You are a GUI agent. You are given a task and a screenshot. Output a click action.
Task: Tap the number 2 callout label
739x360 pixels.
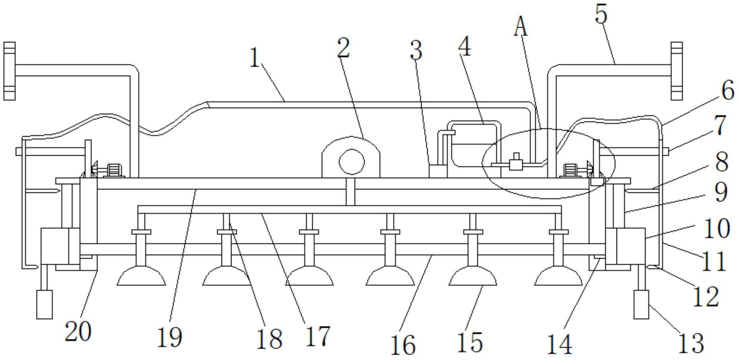344,48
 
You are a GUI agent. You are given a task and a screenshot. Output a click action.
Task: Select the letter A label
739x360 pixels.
521,27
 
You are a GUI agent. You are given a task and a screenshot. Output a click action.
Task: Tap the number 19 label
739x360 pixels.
170,337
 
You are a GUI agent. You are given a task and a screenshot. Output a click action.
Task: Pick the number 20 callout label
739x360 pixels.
78,331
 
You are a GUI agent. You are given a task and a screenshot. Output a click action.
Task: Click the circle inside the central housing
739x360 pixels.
351,162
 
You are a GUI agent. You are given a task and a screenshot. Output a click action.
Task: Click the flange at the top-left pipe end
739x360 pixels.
10,71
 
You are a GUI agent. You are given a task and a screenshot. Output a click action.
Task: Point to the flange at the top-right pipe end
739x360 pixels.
677,71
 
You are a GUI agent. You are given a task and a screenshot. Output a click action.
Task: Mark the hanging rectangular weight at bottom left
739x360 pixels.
44,304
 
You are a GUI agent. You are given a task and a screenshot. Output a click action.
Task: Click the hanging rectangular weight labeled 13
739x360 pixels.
642,304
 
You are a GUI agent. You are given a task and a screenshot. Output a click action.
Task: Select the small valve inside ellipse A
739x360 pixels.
516,162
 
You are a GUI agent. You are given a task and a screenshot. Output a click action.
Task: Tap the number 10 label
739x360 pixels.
716,229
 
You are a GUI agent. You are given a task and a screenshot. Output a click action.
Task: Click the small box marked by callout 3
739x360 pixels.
438,171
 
